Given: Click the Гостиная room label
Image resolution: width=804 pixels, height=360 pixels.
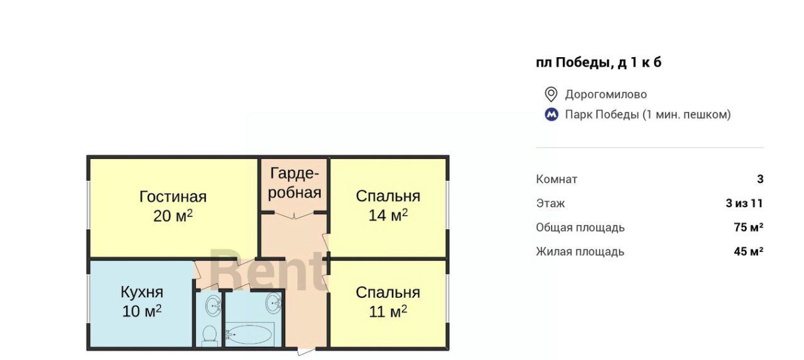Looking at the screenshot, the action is click(173, 197).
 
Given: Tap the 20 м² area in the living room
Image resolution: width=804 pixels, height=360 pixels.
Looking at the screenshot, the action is click(173, 216).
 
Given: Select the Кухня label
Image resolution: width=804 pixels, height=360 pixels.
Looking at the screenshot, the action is click(142, 292).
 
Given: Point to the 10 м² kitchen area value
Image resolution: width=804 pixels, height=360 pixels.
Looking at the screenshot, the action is click(142, 311).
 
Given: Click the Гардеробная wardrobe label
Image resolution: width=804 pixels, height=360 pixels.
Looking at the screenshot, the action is click(295, 183).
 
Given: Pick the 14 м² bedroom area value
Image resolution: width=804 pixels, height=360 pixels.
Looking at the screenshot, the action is click(388, 215).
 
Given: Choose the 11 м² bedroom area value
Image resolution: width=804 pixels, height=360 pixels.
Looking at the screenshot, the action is click(388, 311).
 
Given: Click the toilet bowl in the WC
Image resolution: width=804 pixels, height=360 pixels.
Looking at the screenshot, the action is click(209, 335).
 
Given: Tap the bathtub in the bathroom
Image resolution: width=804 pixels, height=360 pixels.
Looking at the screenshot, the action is click(249, 334).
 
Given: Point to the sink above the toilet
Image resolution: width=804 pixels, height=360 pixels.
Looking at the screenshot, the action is click(214, 306).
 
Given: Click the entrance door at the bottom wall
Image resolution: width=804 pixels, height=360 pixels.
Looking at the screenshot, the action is click(305, 351).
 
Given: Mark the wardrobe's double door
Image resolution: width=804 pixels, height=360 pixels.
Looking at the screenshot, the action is click(295, 215).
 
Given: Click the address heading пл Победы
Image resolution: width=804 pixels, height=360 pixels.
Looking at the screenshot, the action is click(599, 62).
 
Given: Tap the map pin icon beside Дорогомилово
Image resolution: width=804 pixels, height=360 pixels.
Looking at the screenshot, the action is click(551, 94).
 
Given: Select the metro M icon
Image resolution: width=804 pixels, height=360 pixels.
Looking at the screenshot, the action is click(551, 114).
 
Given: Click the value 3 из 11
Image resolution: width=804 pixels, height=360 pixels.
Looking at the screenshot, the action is click(744, 204).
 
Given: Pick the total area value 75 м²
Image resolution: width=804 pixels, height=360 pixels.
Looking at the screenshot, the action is click(749, 227).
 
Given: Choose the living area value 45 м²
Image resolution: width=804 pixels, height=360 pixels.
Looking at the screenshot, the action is click(749, 251).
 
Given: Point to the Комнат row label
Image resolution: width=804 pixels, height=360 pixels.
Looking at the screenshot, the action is click(557, 179).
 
